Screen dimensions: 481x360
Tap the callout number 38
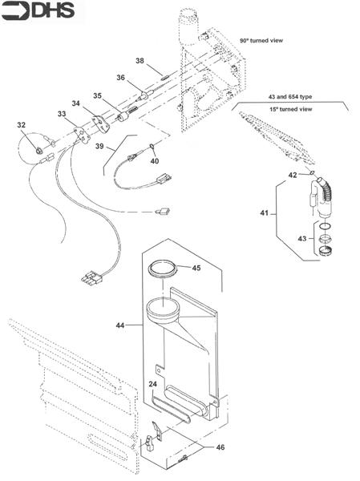[x=139, y=61]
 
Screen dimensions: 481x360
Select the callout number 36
[x=121, y=78]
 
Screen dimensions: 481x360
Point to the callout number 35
[x=96, y=95]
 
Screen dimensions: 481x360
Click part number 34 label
[x=75, y=103]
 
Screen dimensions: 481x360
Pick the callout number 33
[x=61, y=115]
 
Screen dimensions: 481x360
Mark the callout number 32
[x=22, y=125]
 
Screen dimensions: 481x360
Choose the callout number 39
[x=99, y=148]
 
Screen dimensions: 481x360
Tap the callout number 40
[x=155, y=160]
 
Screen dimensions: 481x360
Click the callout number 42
[x=293, y=175]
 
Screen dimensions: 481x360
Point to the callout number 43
[x=301, y=240]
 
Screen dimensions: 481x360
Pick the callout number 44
[x=121, y=325]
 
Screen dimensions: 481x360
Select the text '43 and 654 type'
[x=291, y=96]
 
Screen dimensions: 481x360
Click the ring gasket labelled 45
[x=164, y=269]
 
